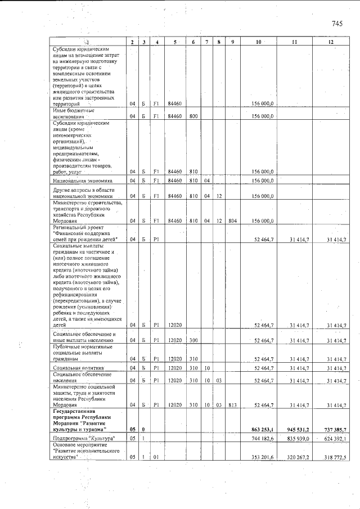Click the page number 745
tap(337, 24)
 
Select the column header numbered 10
tap(258, 43)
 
